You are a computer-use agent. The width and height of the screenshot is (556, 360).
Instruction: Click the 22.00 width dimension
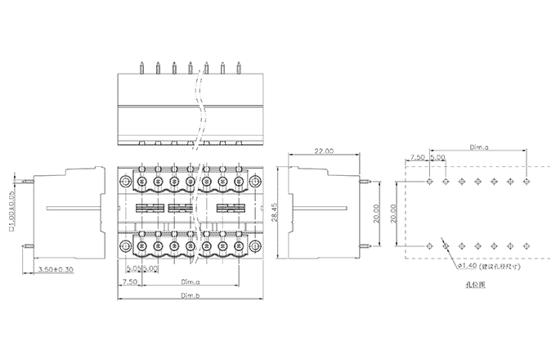click(324, 151)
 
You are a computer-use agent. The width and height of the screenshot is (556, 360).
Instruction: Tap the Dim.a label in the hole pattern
click(480, 147)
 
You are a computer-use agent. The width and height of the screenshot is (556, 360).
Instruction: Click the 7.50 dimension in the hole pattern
click(418, 157)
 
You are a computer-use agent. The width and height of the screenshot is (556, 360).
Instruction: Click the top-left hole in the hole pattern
click(430, 180)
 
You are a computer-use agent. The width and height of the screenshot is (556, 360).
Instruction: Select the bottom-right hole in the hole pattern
click(526, 245)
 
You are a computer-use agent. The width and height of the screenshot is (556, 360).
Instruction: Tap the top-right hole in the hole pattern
click(526, 180)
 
